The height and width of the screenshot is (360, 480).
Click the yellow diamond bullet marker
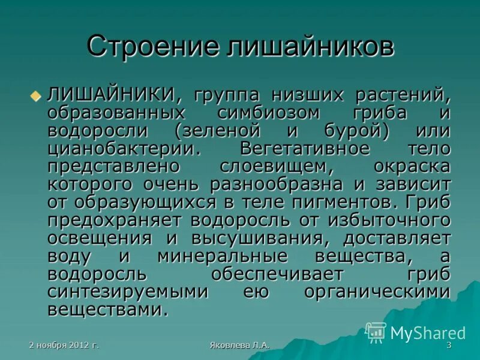tap(35, 95)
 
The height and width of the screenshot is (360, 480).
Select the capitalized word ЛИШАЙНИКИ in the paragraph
tap(111, 95)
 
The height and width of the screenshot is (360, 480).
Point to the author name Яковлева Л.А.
tap(240, 346)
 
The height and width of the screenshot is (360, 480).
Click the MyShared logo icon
tap(376, 332)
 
